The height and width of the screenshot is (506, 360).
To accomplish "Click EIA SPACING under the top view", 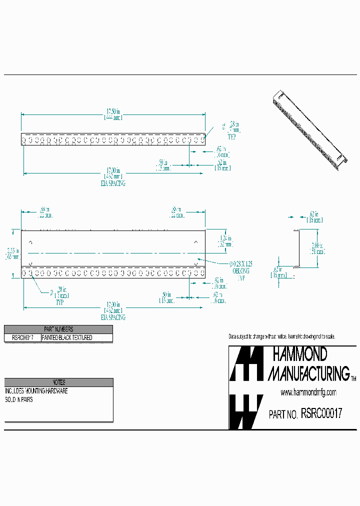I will tap(113, 183).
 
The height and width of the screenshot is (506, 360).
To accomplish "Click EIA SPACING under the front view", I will tap(113, 317).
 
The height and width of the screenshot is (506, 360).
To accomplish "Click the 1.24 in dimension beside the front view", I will tap(226, 241).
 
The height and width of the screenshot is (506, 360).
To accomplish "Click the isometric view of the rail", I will tap(310, 130).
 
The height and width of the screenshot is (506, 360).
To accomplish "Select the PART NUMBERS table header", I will tap(58, 329).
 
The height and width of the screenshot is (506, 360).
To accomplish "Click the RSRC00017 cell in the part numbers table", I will tap(22, 338).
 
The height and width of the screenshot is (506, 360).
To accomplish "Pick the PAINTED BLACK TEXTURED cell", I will tap(67, 338).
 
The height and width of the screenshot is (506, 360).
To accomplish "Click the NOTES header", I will tap(59, 382).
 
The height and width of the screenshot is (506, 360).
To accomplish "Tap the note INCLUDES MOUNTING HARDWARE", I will tap(36, 391).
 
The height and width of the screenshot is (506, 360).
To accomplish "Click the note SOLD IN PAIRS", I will tap(19, 400).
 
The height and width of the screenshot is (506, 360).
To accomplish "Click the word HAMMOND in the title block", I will tap(299, 354).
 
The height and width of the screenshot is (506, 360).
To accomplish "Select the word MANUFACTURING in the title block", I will tap(309, 373).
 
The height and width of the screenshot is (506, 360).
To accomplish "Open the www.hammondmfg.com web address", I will tap(308, 392).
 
